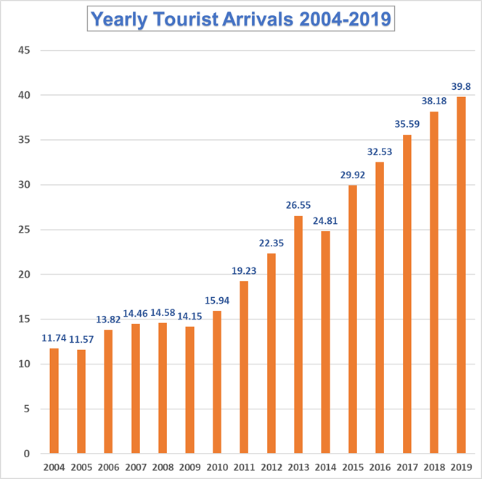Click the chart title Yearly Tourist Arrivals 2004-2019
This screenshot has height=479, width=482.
(241, 19)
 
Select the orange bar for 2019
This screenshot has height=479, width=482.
(461, 275)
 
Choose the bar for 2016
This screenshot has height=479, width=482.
(380, 308)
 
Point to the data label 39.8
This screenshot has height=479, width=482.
(460, 87)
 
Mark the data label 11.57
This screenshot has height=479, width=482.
(81, 339)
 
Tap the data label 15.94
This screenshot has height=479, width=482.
(217, 301)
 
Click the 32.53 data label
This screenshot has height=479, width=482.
(380, 152)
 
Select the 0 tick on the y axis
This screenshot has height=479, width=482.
(26, 454)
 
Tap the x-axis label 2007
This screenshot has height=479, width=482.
(135, 467)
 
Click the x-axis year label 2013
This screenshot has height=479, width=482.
(298, 467)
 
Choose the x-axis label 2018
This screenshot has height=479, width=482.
(434, 467)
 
